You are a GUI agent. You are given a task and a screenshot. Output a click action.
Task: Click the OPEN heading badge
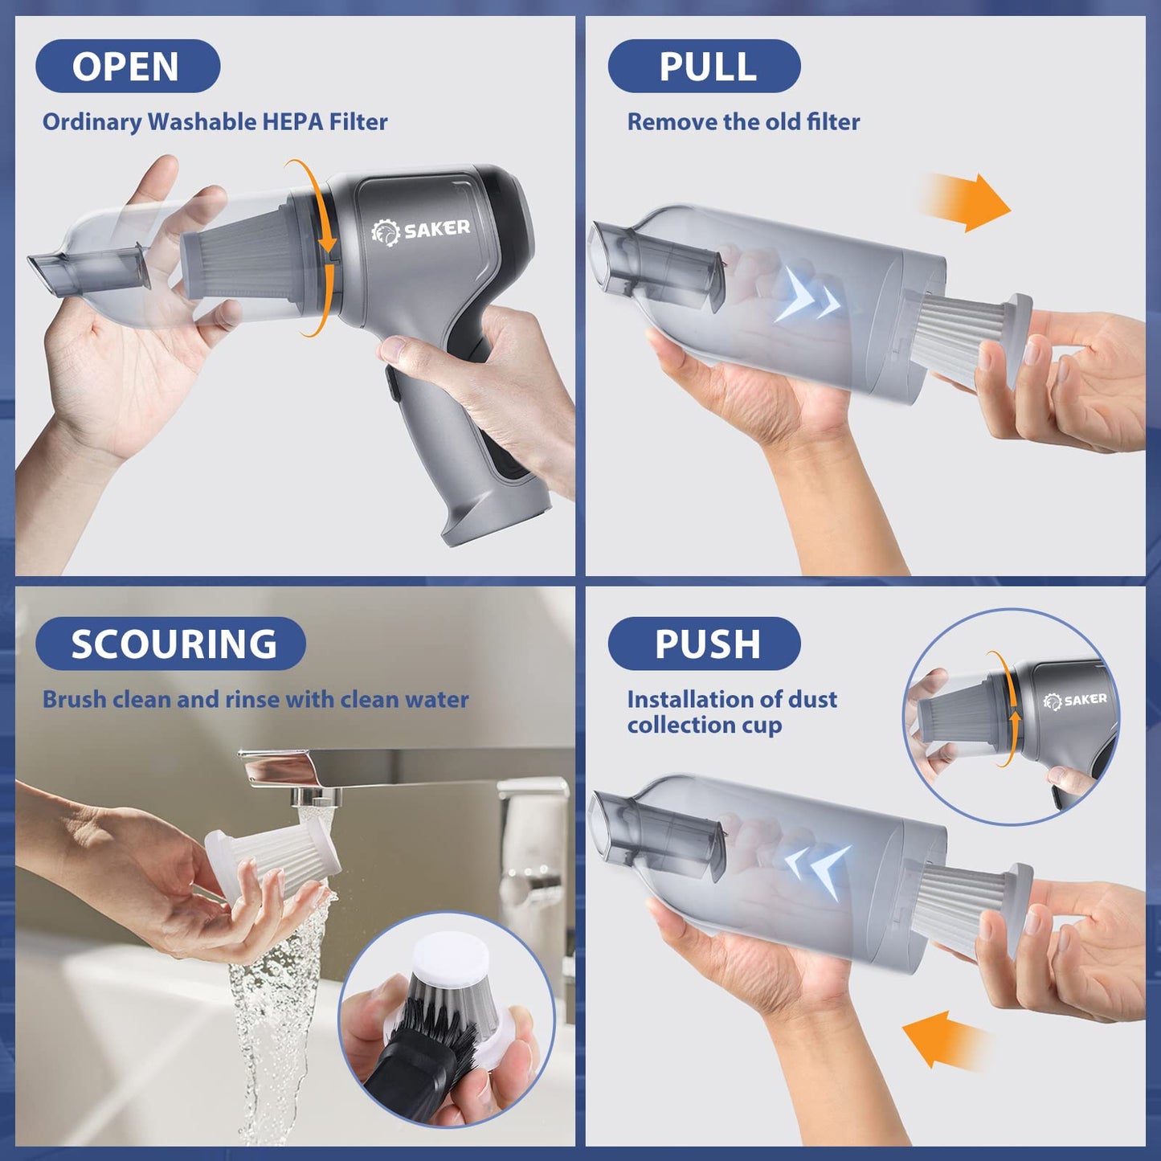point(127,66)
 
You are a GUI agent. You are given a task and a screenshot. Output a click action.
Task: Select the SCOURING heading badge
point(170,644)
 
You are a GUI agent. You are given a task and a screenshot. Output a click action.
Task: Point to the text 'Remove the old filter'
point(743,122)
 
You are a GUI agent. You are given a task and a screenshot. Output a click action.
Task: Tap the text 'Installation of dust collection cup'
point(731,712)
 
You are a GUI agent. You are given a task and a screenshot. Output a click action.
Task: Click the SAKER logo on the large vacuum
point(421,231)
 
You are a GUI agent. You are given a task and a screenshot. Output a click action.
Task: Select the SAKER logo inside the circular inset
point(1075,700)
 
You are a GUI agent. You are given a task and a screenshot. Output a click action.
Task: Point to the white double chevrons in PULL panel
point(807,297)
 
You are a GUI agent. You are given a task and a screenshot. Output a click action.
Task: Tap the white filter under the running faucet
point(273,864)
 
